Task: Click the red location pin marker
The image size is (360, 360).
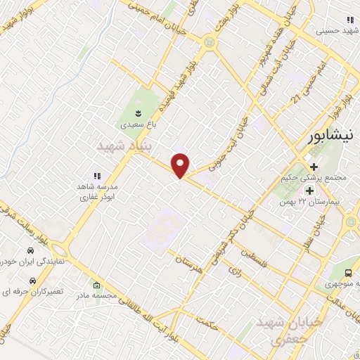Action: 181,165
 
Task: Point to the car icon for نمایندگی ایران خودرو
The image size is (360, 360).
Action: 30,251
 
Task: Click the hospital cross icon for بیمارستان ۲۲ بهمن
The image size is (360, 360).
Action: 309,190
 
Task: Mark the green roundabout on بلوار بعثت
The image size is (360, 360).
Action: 209,42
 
